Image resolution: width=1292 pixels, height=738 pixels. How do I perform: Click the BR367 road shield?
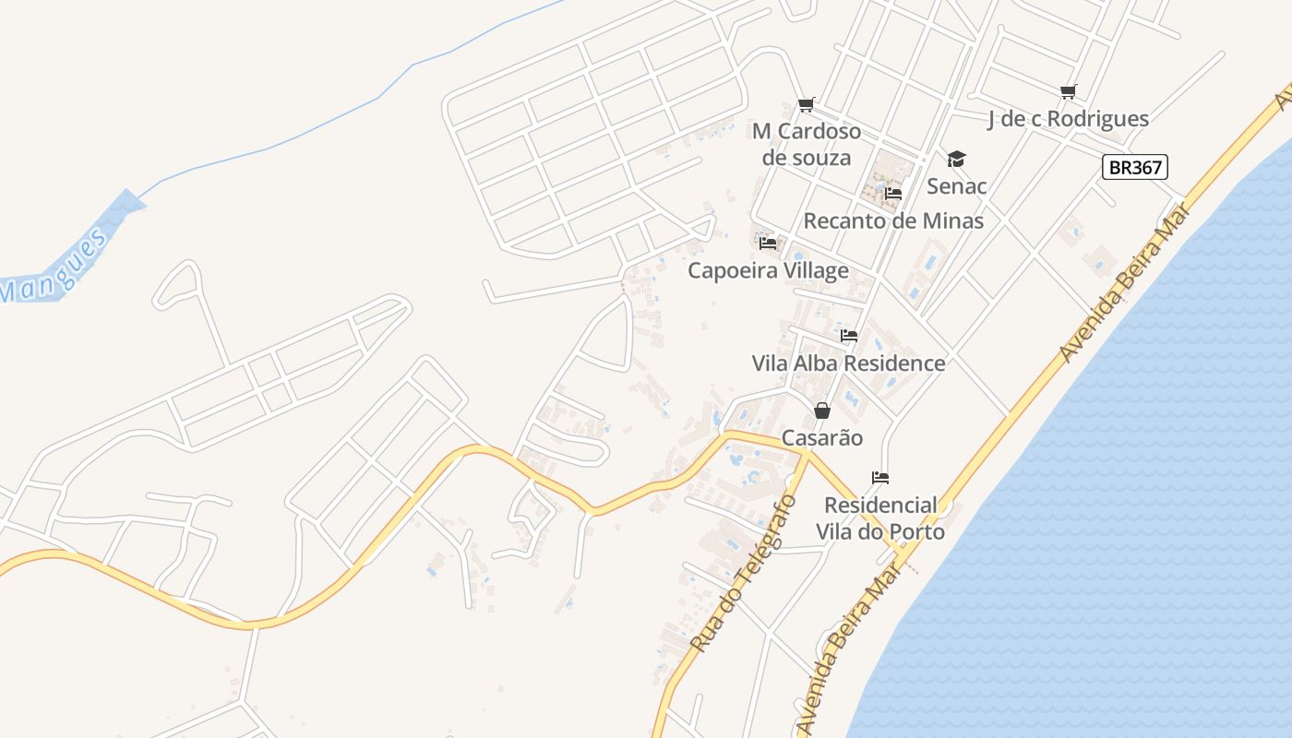pos(1134,167)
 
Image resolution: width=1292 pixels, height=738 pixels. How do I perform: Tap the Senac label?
pos(956,186)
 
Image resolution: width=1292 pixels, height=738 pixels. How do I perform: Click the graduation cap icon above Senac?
pos(956,160)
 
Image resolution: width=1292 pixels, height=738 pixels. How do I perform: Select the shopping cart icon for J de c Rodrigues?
pos(1068,91)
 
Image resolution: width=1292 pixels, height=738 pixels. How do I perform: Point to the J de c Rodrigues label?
pos(1068,119)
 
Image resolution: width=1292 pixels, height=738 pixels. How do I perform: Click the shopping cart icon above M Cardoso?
pos(807,105)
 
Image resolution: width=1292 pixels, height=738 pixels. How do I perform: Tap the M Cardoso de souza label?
pos(807,144)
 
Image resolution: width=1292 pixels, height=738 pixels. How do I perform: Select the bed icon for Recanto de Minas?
pos(892,194)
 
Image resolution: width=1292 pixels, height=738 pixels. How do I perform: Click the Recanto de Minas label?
pos(893,221)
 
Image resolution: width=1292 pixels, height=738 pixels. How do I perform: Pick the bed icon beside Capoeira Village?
pos(768,244)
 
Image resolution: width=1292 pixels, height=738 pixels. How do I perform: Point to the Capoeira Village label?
pos(768,271)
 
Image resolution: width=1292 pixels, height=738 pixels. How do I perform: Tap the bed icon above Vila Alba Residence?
pos(849,336)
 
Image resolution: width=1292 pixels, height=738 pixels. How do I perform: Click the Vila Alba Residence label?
pos(849,363)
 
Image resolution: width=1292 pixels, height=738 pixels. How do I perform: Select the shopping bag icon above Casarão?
pos(822,411)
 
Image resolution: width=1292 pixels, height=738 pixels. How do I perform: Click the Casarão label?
pos(822,438)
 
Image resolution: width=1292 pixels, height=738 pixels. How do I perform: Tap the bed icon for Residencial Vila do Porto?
pos(880,478)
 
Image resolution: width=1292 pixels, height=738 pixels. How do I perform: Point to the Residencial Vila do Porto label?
pos(880,518)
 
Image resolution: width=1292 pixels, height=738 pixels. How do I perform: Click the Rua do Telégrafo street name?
pos(743,574)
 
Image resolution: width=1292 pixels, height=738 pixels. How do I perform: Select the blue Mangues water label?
pos(55,267)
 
